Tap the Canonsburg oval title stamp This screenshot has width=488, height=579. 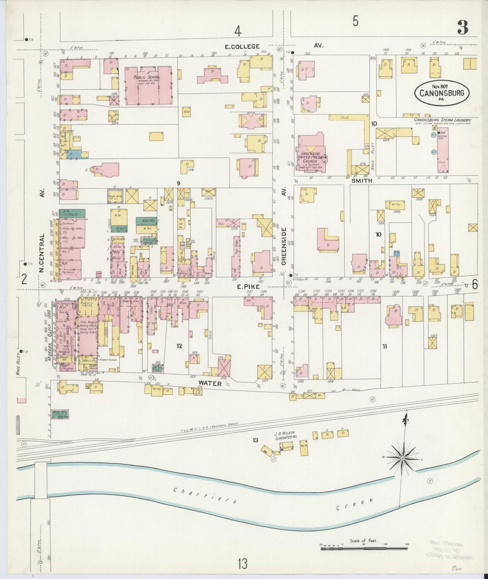[442, 93]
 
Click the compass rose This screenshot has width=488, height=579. [403, 458]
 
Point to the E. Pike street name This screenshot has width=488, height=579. [248, 286]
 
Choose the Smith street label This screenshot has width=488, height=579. [362, 181]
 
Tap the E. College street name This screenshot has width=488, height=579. [243, 46]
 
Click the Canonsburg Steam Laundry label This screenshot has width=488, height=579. [442, 120]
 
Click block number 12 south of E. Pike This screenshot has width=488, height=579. [179, 346]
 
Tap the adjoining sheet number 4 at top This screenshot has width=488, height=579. [238, 31]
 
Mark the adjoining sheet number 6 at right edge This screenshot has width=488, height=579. [475, 285]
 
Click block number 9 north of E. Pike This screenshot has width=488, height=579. [178, 183]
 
